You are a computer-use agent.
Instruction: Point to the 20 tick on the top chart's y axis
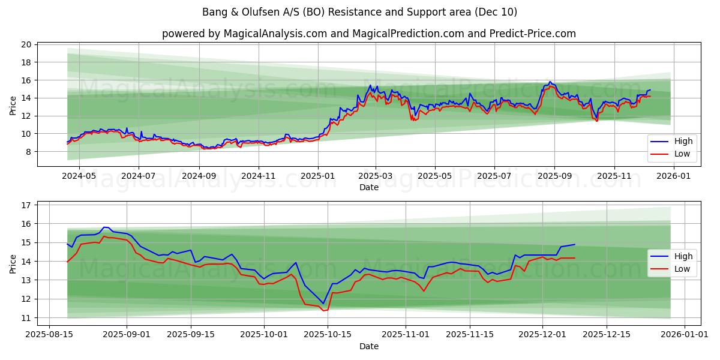(26, 44)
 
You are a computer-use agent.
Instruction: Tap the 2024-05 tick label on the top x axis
(79, 176)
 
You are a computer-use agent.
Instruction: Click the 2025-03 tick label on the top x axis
(376, 176)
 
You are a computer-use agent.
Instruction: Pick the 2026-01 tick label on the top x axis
(673, 176)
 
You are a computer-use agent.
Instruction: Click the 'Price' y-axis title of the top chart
(13, 104)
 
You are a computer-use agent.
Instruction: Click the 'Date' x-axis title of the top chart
(368, 187)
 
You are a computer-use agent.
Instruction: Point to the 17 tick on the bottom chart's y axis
(26, 205)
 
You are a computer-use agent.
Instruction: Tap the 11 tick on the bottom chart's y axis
(26, 317)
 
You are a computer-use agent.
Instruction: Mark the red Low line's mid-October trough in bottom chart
(323, 310)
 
